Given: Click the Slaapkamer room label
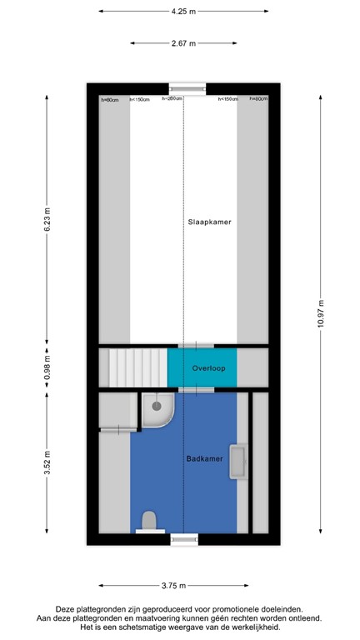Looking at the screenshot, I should [x=209, y=222].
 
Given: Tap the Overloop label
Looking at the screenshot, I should [x=208, y=367].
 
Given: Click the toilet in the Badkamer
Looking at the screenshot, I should [x=150, y=522].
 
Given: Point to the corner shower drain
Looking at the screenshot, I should [x=155, y=406].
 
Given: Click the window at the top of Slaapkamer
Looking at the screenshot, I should [x=187, y=87].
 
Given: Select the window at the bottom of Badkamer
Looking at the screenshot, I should [x=185, y=539].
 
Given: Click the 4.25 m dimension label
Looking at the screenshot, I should [x=183, y=12].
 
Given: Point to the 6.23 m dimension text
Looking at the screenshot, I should [x=47, y=220].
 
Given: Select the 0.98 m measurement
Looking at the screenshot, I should [x=47, y=367].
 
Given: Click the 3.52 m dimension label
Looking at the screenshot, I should [x=47, y=462].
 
